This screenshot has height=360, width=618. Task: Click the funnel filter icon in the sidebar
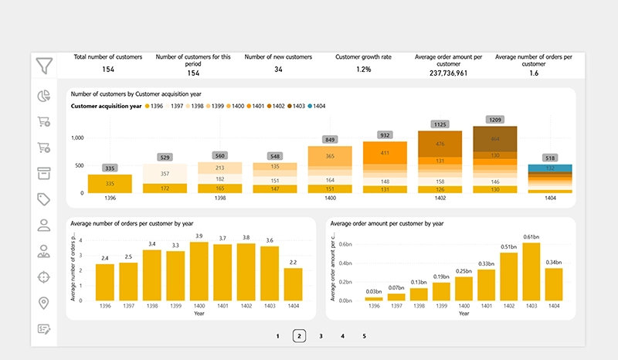click(x=43, y=65)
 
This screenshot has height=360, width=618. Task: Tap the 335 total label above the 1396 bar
click(x=110, y=168)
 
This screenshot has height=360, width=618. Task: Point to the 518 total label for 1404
click(x=549, y=158)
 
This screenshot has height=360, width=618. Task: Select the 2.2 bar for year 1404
click(x=294, y=284)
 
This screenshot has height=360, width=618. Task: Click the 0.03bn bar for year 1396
click(x=373, y=298)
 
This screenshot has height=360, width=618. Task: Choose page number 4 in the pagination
click(x=342, y=336)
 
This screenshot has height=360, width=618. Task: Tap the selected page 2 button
click(x=299, y=336)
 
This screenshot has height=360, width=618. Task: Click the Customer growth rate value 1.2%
click(x=364, y=70)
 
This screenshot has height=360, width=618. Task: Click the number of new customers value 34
click(x=277, y=70)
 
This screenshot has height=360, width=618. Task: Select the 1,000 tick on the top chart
click(x=77, y=138)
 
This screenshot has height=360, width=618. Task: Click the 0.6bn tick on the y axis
click(x=345, y=244)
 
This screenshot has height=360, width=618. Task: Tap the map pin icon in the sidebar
click(x=43, y=303)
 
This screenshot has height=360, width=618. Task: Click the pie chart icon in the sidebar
click(x=43, y=96)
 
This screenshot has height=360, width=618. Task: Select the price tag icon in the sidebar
click(x=43, y=199)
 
